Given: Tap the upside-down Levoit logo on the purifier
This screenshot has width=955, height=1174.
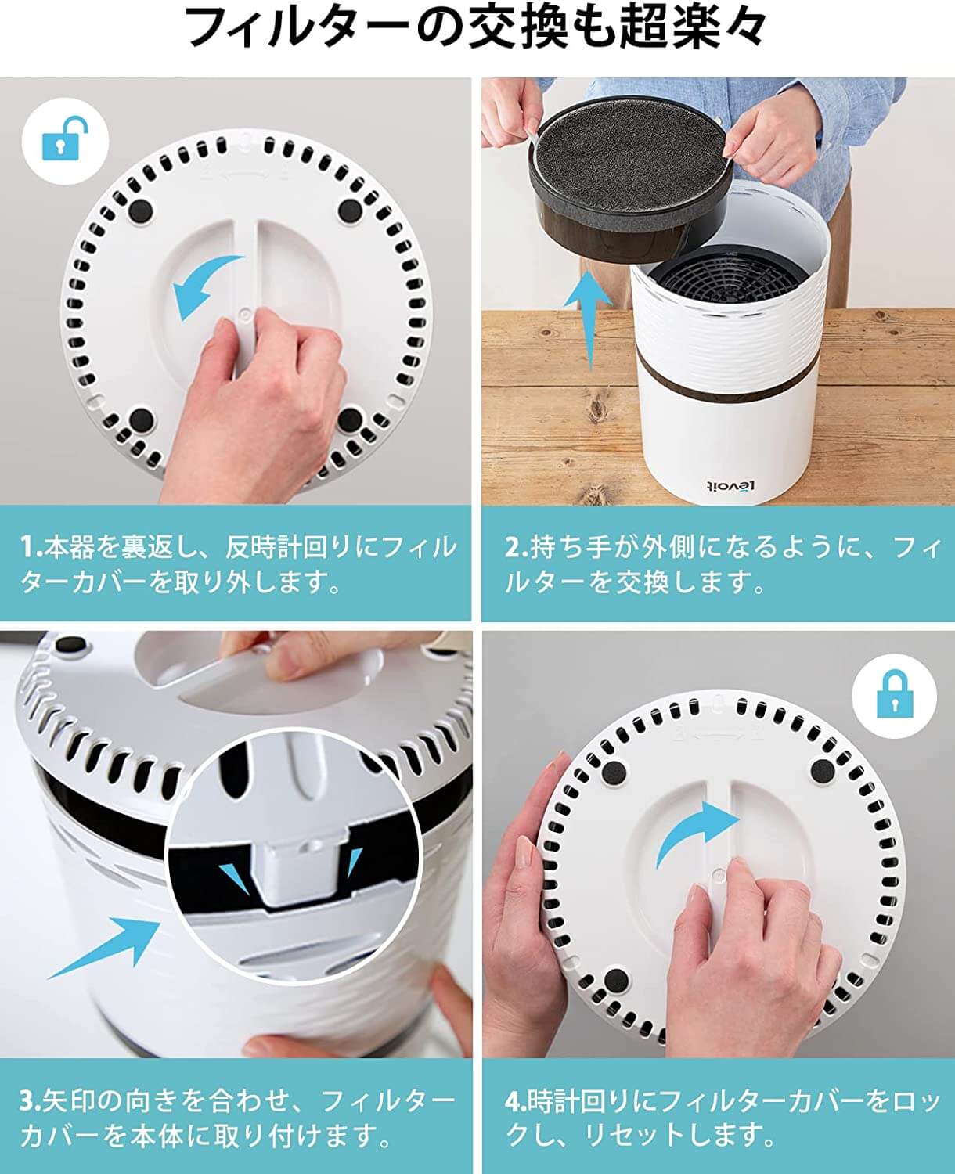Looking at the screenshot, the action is click(730, 486).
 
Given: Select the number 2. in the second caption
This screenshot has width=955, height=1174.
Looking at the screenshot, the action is click(517, 547).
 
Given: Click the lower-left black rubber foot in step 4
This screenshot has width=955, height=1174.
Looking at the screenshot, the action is click(615, 981).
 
